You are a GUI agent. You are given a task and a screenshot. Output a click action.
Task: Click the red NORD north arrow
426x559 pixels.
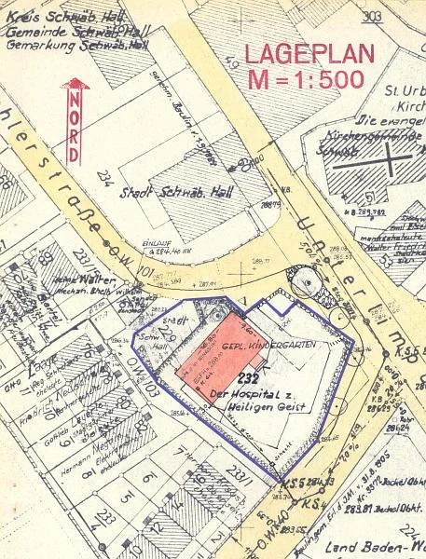point(75,110)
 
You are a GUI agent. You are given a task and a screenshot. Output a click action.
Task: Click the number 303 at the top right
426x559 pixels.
point(374,14)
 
